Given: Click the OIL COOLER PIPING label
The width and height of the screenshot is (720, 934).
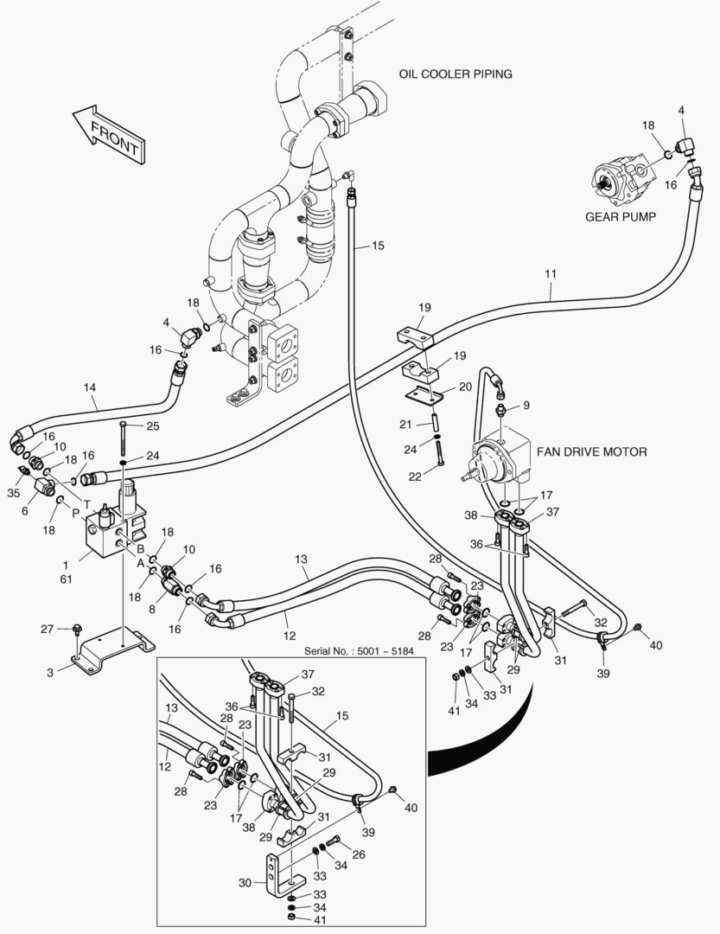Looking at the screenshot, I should [455, 74].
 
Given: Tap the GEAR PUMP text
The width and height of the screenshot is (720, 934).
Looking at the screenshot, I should [619, 216].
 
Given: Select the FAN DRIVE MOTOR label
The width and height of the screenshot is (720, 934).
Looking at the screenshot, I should [591, 451].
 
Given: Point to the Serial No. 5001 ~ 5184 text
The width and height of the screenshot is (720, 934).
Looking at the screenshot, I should [365, 650].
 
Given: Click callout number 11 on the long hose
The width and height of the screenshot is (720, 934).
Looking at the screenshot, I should [550, 274].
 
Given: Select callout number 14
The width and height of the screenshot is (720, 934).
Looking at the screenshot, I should [91, 387].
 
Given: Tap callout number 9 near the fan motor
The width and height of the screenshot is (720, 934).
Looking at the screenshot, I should [526, 405].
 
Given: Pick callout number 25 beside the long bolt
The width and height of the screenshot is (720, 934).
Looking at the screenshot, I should [153, 425].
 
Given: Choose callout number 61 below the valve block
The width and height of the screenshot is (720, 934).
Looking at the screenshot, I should [65, 579].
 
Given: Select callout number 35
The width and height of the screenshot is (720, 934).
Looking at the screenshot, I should [12, 493].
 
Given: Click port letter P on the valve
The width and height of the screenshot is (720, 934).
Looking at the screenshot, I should [75, 514].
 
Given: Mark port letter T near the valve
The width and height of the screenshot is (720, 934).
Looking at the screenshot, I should [86, 502].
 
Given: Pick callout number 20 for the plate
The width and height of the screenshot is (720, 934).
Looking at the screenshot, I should [464, 387].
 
